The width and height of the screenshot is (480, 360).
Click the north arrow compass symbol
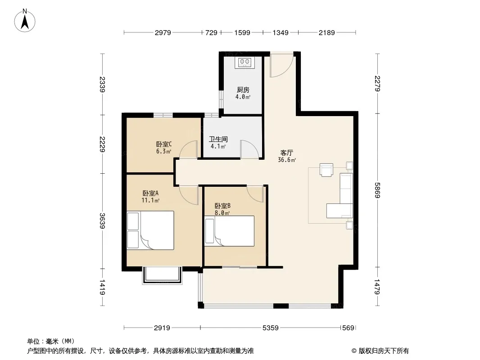(25, 20)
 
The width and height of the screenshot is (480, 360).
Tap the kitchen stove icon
(245, 63)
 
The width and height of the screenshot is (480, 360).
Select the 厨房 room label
(243, 90)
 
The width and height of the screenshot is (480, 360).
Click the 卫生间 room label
(218, 139)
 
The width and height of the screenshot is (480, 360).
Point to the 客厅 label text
(287, 153)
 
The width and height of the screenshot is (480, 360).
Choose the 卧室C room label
(164, 144)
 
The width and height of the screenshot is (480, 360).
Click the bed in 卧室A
(150, 230)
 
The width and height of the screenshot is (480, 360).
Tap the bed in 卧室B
(229, 231)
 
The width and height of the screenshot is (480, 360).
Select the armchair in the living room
(326, 170)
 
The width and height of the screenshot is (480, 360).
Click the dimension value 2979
(163, 32)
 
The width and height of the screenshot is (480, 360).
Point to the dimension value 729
(211, 32)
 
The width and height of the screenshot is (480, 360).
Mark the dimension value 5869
(377, 190)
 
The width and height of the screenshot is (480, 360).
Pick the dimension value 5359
(271, 328)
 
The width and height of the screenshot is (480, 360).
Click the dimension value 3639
(102, 221)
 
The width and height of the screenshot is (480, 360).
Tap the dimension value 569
(349, 328)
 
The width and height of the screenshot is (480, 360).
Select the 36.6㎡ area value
(287, 160)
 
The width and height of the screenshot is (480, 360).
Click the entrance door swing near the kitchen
(281, 65)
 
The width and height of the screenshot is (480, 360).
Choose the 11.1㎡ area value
(150, 200)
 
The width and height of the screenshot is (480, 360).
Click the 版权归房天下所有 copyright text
(384, 351)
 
